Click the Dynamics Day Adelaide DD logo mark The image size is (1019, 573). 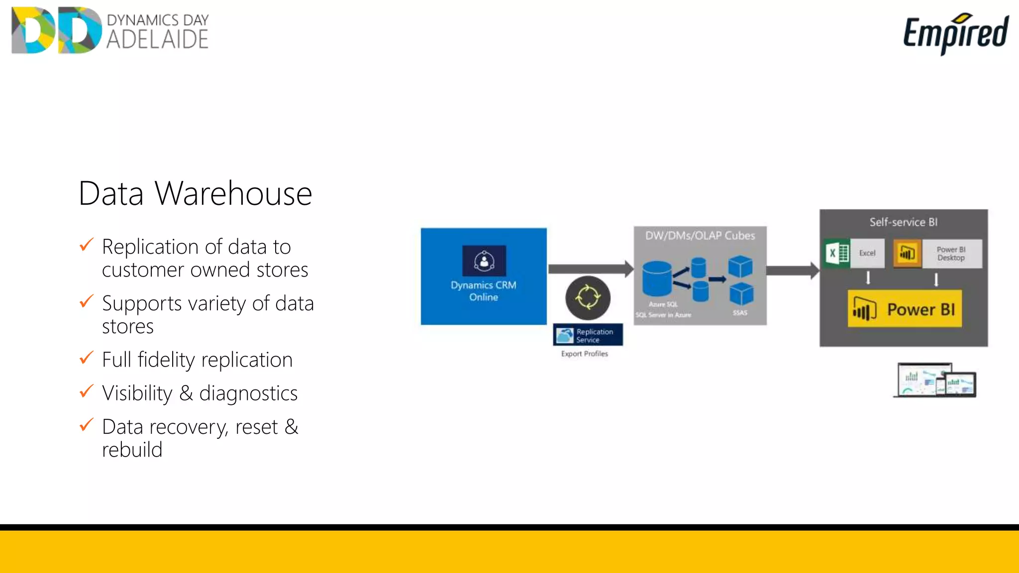coord(56,30)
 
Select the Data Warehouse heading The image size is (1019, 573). coord(195,193)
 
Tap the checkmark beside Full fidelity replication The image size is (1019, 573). coord(87,358)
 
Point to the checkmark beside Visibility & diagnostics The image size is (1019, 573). coord(87,391)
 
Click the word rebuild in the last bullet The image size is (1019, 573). coord(132,450)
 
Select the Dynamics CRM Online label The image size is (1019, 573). coord(483,291)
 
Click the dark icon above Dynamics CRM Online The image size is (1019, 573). coord(484,260)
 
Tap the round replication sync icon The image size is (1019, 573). coord(588,297)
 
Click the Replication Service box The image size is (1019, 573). coord(588,335)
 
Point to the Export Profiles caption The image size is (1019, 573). coord(584,354)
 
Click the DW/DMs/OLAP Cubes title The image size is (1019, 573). coord(700,236)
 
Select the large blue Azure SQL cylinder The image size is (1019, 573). coord(657,279)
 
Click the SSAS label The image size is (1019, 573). coord(740,313)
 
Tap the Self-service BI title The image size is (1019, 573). coord(903,222)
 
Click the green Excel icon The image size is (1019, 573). coord(837,253)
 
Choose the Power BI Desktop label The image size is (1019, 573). coord(951,254)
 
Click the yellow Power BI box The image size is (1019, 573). coord(905,309)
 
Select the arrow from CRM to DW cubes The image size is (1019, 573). coord(590,269)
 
